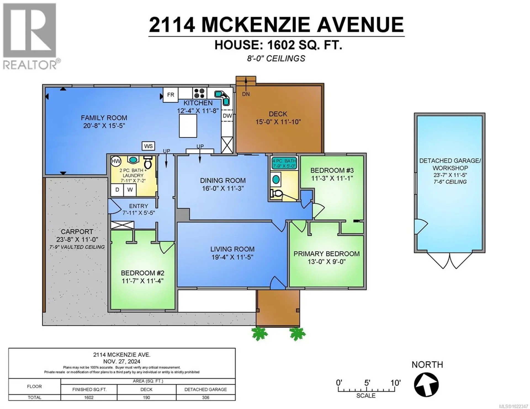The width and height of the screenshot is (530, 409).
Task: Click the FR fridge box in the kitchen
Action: pos(170,95)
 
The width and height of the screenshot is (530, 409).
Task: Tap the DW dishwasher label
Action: pos(227,116)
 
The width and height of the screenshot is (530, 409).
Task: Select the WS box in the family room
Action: pos(148,146)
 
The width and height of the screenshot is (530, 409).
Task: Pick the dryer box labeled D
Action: pos(117,190)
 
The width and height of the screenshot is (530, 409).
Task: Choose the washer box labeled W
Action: pos(130,190)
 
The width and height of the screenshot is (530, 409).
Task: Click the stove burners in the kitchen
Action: pos(199,93)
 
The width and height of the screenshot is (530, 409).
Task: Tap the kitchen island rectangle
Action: pos(188,126)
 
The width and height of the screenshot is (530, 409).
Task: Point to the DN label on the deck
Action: pos(246,94)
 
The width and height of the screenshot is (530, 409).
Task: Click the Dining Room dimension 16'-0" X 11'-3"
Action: pos(222,189)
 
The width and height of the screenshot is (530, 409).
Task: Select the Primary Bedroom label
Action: pos(326,254)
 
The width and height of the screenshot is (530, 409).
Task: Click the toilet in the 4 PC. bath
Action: pos(276,194)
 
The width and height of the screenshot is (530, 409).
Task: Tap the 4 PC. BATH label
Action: pos(284,161)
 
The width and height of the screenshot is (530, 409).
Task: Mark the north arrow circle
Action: pos(426,385)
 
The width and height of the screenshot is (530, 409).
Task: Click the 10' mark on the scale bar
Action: pos(395,383)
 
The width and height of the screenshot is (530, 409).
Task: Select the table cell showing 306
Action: pos(205,397)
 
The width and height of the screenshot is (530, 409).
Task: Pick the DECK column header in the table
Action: pos(146,389)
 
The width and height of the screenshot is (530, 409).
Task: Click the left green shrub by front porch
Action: pos(259,333)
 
